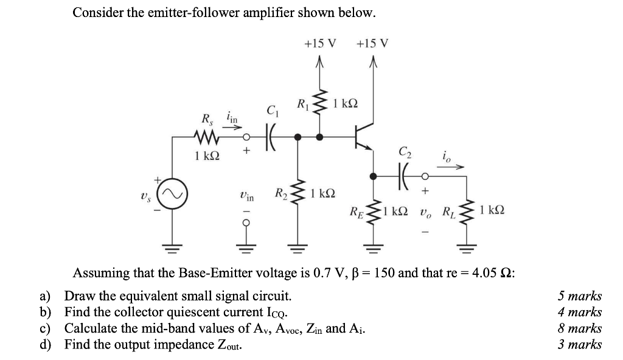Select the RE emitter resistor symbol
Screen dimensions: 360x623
click(x=373, y=212)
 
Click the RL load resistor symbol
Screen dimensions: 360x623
click(x=467, y=212)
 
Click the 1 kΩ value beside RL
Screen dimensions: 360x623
click(x=491, y=210)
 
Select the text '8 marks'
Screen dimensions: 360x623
click(x=580, y=328)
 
